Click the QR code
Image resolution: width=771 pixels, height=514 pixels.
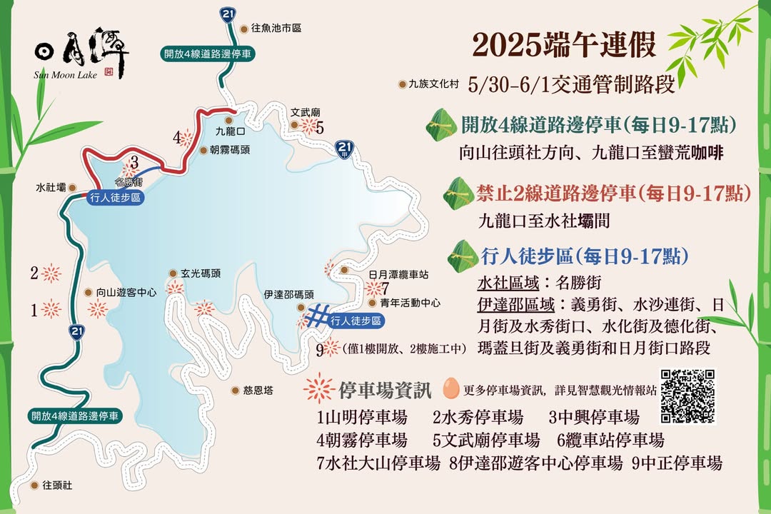[688, 396]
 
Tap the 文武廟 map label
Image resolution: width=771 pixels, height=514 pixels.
[306, 113]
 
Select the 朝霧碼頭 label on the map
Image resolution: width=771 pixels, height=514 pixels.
[229, 150]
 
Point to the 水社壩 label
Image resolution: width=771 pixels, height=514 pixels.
[50, 187]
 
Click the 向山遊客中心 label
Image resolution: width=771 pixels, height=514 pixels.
[126, 292]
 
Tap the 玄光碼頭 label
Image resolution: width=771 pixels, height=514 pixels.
[200, 273]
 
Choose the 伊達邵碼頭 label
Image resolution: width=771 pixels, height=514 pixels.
[288, 294]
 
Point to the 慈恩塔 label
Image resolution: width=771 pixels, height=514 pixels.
[258, 390]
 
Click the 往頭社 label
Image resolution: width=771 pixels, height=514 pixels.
[58, 485]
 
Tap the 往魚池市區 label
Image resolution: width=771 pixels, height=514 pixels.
[276, 29]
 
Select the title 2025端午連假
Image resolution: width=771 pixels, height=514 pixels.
[564, 45]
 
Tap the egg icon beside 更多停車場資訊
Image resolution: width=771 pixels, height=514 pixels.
[450, 389]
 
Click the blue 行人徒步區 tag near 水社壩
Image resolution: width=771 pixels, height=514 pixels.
[115, 198]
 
